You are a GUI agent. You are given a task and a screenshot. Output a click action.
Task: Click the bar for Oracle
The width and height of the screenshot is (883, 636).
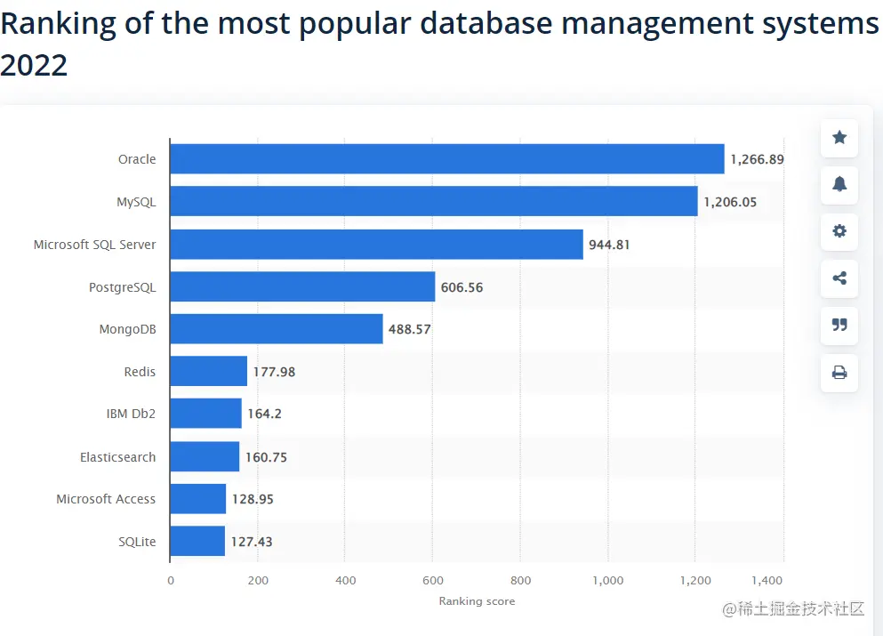[446, 159]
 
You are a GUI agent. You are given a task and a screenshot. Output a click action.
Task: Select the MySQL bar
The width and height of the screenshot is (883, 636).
[433, 202]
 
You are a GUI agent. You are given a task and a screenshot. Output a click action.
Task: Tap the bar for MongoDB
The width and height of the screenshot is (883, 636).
[276, 329]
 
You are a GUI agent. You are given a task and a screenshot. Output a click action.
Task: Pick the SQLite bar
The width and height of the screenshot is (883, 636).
[197, 541]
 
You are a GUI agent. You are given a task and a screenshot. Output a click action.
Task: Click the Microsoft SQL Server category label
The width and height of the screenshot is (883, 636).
[94, 245]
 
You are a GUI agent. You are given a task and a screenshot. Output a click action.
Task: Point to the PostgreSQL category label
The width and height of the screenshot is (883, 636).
[122, 287]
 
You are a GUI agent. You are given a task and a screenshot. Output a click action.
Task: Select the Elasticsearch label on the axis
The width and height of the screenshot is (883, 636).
[117, 457]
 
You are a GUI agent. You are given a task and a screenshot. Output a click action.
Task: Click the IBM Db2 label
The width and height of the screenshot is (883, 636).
[131, 415]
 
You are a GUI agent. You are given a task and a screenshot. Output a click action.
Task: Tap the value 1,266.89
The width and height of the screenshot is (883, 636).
[757, 160]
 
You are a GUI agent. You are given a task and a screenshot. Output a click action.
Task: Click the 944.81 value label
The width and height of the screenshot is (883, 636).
[609, 245]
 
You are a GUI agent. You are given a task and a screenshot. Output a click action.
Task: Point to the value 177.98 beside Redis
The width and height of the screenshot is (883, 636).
[274, 372]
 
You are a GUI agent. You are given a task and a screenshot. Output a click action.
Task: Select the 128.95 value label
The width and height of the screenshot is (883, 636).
[253, 499]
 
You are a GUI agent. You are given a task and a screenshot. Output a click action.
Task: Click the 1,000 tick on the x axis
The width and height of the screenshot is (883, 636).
[608, 581]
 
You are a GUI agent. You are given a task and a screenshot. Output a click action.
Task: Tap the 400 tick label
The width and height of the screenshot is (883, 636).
[345, 581]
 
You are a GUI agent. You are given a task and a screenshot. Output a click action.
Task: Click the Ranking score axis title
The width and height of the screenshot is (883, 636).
[477, 601]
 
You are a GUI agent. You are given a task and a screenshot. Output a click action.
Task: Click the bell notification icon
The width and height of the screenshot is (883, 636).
[839, 184]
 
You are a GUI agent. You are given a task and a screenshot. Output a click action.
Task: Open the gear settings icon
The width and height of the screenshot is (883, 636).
[839, 231]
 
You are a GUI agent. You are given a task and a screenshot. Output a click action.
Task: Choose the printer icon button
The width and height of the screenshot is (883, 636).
[839, 373]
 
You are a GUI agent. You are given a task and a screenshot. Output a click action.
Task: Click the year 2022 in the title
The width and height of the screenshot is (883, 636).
[34, 65]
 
